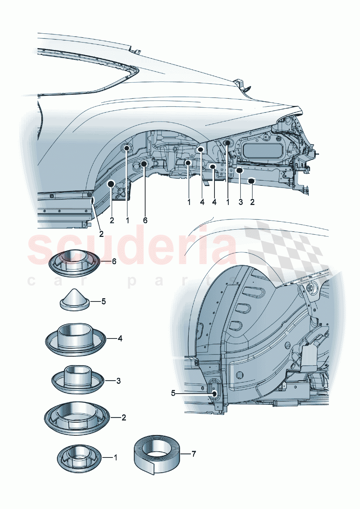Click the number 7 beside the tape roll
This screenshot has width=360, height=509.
pos(194,454)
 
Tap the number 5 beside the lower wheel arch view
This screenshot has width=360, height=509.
pos(173,393)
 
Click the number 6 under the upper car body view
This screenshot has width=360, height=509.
pos(145,220)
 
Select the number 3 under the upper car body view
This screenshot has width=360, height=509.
pos(241,202)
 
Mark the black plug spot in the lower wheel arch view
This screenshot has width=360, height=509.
pos(214,393)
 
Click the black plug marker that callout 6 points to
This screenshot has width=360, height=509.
pos(144,164)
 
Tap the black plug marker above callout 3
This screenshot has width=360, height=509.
pos(240,170)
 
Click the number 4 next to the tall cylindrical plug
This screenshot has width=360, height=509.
pos(120,338)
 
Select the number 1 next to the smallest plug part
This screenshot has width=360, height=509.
pos(115,457)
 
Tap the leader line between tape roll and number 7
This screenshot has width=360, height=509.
pos(185,454)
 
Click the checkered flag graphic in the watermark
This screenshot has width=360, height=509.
pos(287,250)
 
